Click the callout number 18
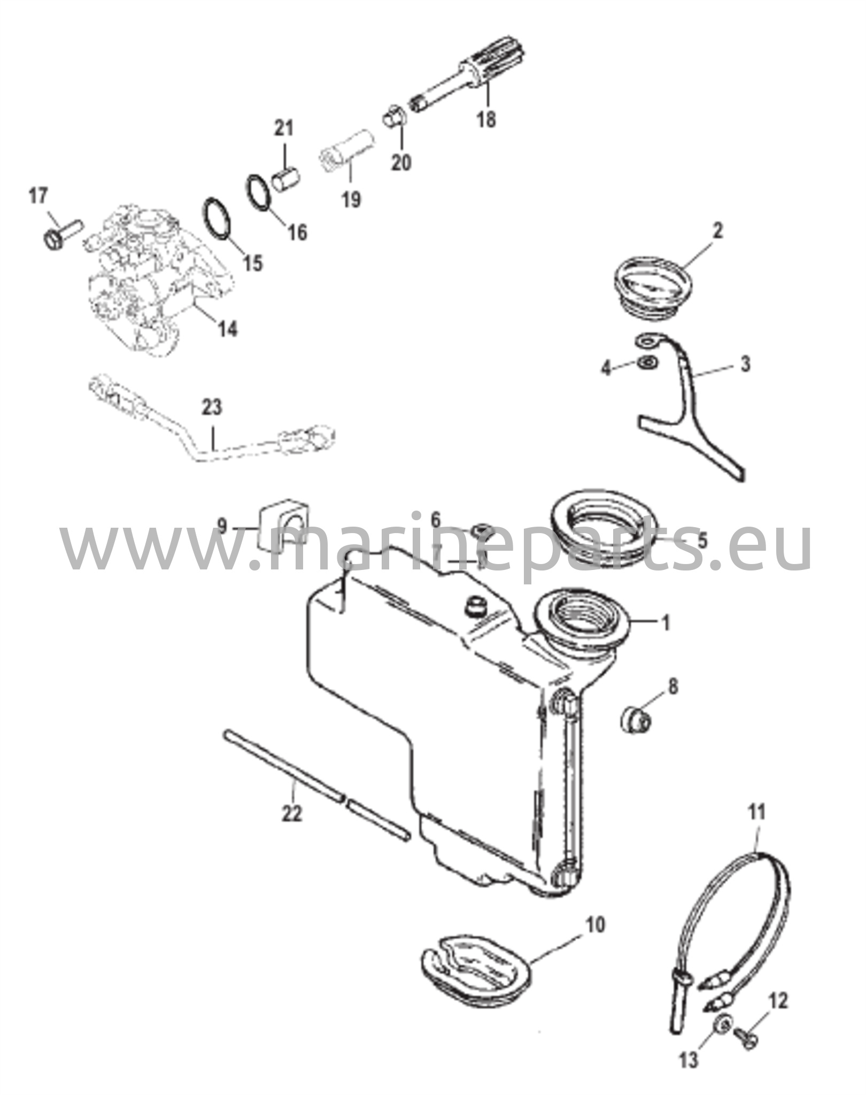click(486, 118)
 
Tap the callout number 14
click(227, 328)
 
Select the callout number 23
click(212, 408)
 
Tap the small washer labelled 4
click(647, 361)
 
